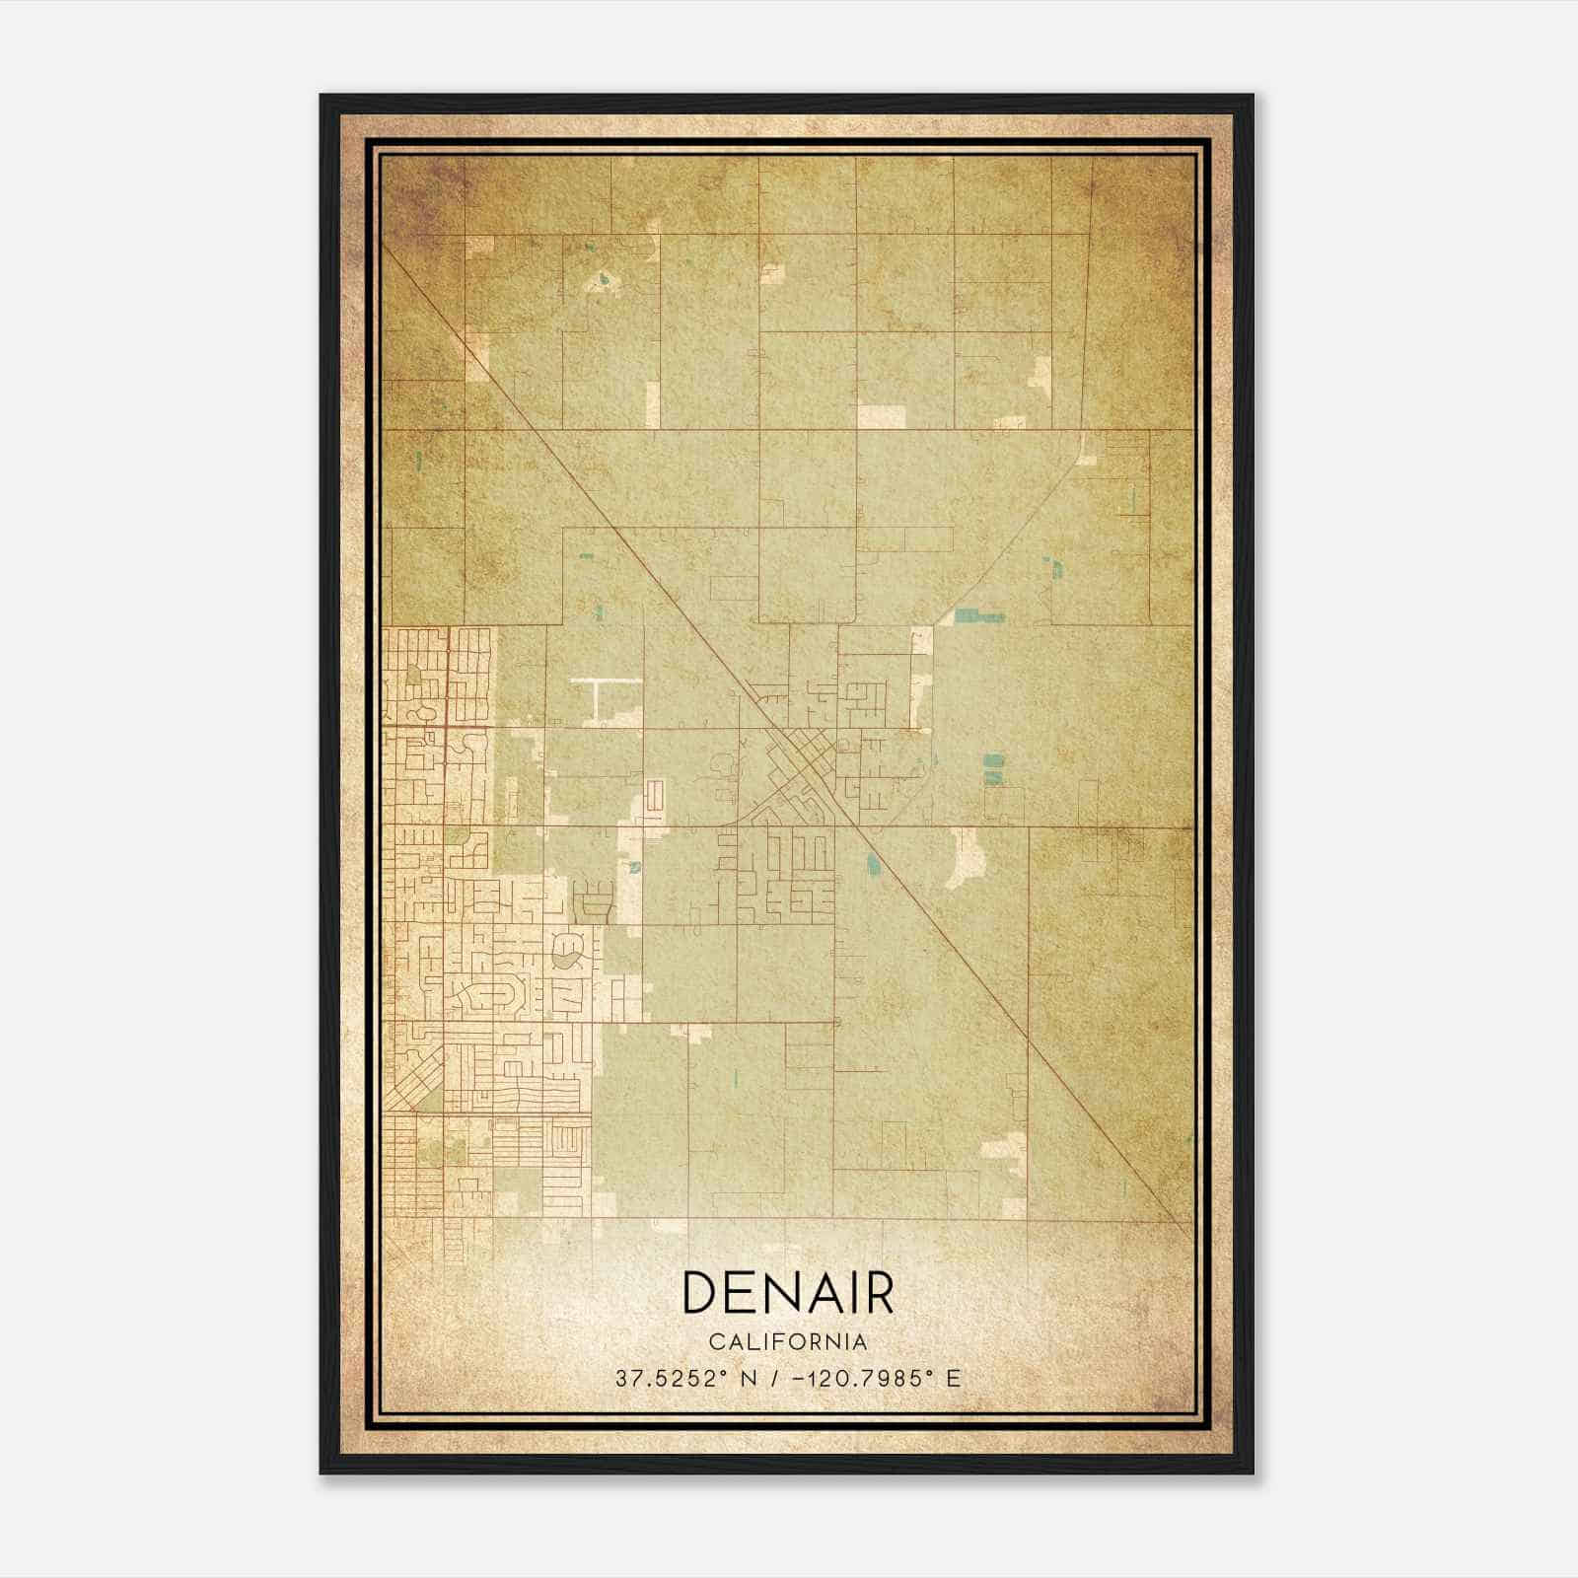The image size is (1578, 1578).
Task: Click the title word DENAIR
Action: point(787,1293)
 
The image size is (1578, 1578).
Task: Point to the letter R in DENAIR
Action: point(876,1293)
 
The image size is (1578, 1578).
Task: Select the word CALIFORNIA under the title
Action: point(788,1342)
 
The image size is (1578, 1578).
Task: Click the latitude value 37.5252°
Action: point(673,1379)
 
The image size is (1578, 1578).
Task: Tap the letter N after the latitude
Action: point(750,1379)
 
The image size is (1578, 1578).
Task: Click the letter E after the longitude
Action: point(953,1379)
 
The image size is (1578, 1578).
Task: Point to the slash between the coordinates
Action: point(781,1379)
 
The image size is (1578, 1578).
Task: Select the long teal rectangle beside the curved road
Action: point(978,616)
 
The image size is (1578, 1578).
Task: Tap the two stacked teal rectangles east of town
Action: point(991,768)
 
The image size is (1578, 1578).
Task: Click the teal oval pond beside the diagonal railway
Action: point(871,865)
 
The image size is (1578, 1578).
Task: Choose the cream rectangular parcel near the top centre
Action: point(880,416)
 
